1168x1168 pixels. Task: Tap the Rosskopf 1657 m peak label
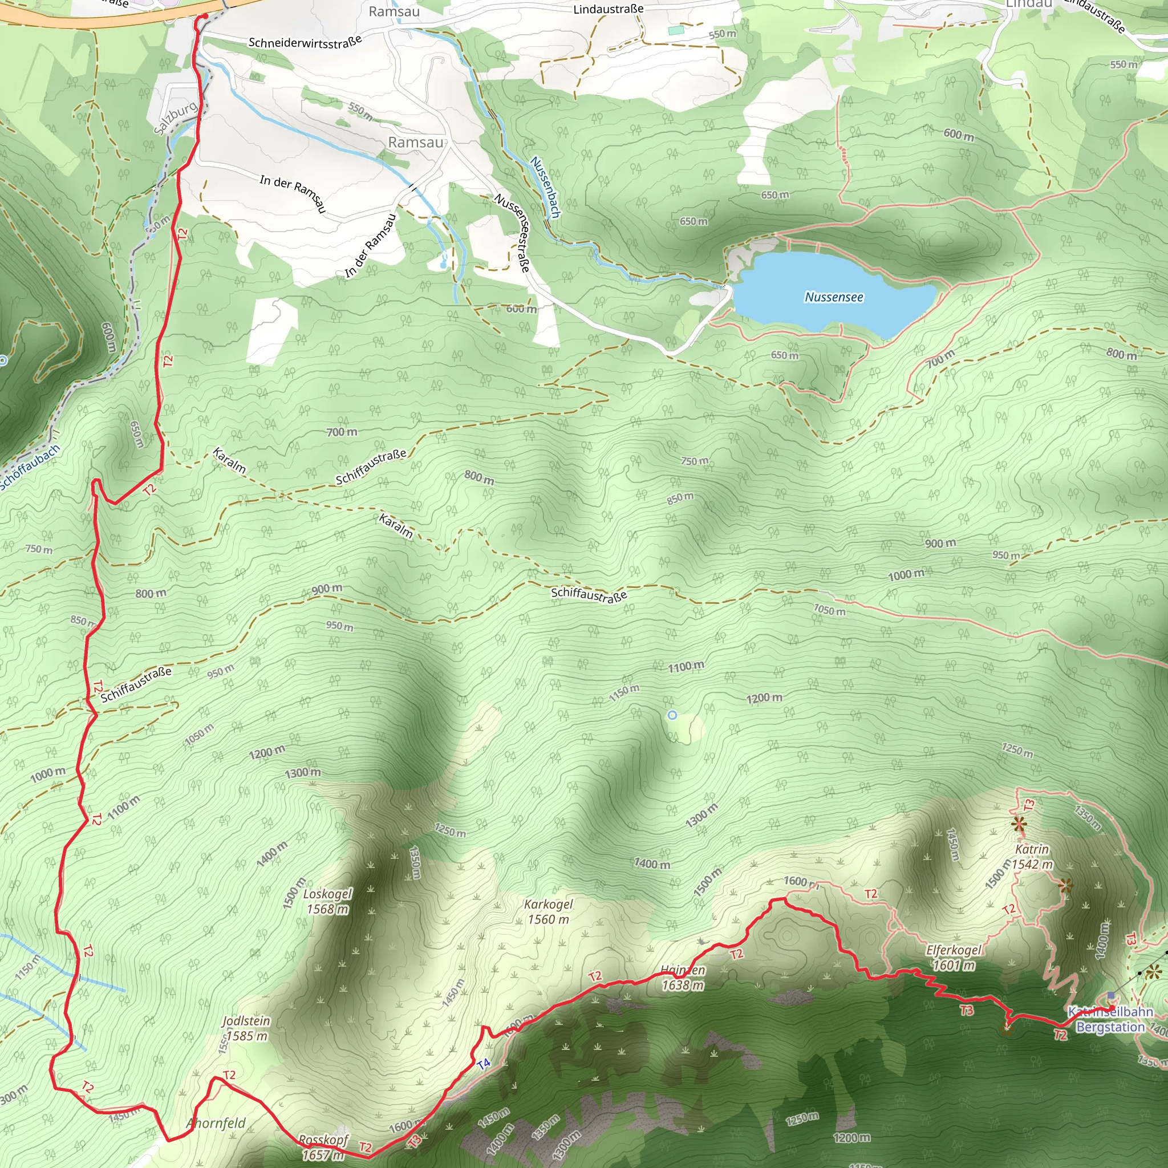(323, 1147)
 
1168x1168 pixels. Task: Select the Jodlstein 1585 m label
(246, 1028)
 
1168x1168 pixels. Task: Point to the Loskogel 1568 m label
(327, 902)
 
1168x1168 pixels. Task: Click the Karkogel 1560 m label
(548, 912)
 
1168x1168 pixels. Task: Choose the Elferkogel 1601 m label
(954, 958)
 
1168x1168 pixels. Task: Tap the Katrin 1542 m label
(1033, 857)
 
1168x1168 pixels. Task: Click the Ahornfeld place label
(216, 1124)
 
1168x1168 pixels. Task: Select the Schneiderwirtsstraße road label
(305, 42)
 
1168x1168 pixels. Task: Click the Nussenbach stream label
(545, 187)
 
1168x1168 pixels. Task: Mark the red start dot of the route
(205, 17)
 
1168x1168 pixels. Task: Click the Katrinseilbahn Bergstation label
(1110, 1019)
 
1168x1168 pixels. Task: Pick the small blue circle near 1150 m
(672, 715)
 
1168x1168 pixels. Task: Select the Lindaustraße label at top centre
(608, 9)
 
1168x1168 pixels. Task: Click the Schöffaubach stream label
(30, 467)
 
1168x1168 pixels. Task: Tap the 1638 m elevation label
(683, 985)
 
